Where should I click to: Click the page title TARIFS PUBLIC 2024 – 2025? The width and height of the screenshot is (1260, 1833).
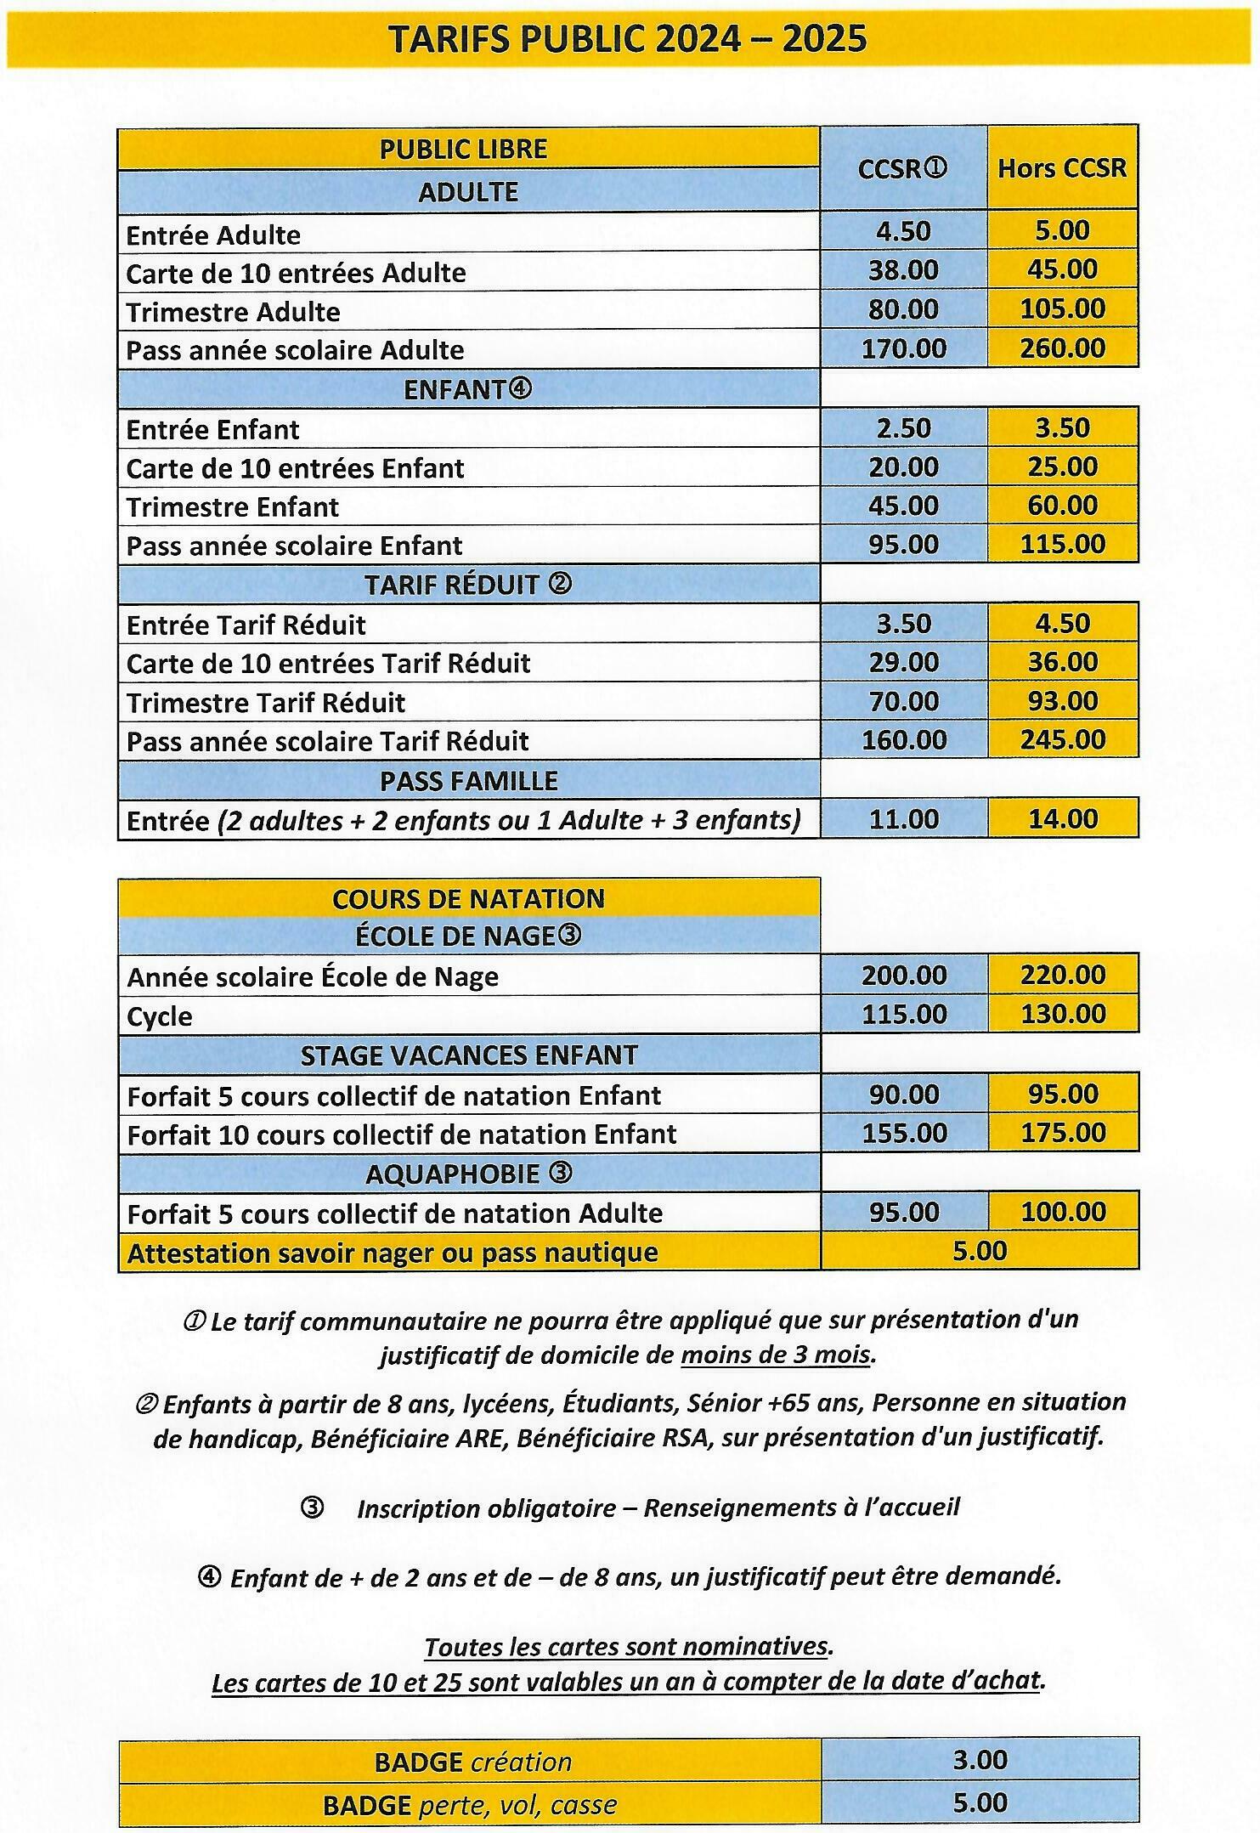[x=628, y=39]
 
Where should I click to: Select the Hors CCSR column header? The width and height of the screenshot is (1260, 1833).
[x=1061, y=168]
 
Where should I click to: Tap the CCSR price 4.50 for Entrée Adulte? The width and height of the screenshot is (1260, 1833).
[x=903, y=231]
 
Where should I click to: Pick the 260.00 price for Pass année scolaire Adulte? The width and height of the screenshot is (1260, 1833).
[x=1062, y=348]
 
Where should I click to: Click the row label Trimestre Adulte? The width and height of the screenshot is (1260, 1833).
[x=233, y=312]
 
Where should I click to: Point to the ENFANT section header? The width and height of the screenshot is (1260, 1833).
[x=467, y=389]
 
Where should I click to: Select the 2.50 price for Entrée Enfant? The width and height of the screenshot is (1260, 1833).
[x=903, y=428]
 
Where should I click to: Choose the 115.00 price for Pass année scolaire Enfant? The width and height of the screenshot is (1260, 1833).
[x=1062, y=545]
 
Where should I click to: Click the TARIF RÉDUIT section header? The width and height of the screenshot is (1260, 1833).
[x=467, y=585]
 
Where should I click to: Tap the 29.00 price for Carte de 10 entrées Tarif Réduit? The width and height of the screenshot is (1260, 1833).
[x=903, y=663]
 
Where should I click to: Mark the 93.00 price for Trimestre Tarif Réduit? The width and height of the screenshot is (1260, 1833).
[x=1062, y=702]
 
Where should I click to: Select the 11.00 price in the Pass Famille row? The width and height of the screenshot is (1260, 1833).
[x=903, y=820]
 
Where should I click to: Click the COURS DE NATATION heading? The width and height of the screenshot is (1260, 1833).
[x=468, y=899]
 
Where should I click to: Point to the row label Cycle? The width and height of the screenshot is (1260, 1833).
[x=160, y=1016]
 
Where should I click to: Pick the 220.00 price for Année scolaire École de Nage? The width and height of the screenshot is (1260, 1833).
[x=1062, y=975]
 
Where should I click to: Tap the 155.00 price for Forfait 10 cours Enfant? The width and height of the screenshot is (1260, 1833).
[x=903, y=1134]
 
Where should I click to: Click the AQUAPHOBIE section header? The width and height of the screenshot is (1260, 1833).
[x=468, y=1174]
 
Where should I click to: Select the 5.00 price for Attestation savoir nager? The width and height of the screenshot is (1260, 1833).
[x=979, y=1251]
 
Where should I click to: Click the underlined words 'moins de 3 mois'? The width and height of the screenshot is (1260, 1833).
[x=777, y=1355]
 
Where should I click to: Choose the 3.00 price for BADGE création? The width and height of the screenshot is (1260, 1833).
[x=980, y=1759]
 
